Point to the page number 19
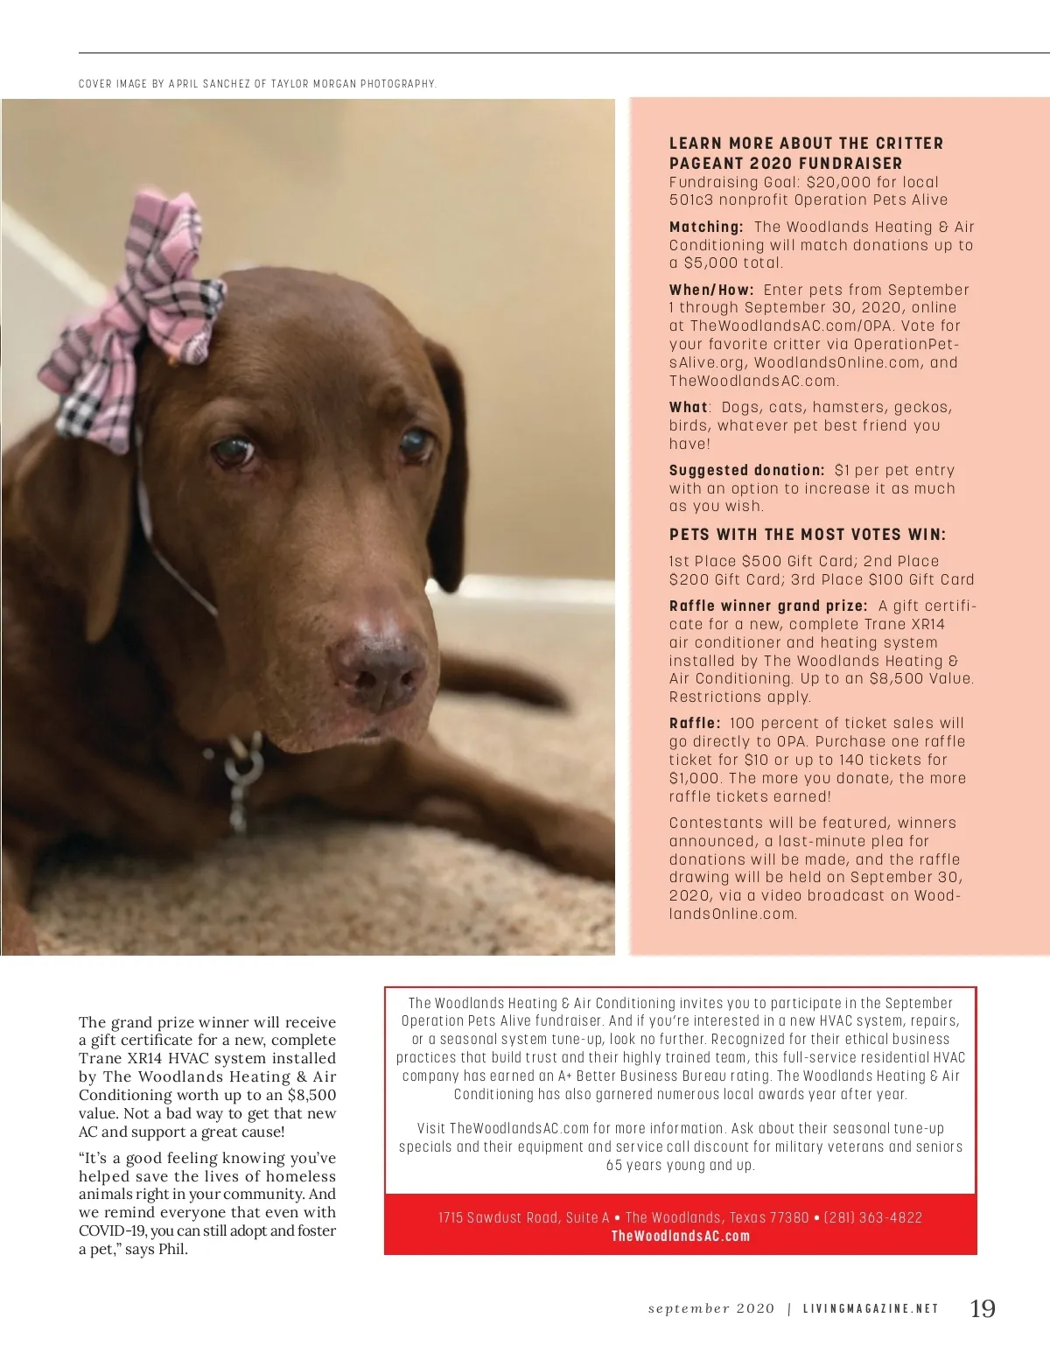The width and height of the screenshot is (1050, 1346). (x=983, y=1308)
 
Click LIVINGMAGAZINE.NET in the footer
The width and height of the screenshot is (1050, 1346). (x=871, y=1309)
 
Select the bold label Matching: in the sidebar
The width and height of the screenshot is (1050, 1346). (x=706, y=227)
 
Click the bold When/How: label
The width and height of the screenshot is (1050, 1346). (x=711, y=290)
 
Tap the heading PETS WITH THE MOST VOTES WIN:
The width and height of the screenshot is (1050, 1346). (x=808, y=535)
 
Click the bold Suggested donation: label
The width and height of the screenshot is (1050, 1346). (x=746, y=470)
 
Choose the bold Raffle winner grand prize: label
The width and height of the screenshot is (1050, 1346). (x=768, y=606)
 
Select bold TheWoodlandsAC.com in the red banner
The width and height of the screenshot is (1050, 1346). (x=681, y=1236)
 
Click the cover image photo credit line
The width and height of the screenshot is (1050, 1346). (x=257, y=84)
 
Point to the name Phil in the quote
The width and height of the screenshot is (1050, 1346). (x=172, y=1249)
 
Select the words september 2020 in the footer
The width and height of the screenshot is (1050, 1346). (x=711, y=1309)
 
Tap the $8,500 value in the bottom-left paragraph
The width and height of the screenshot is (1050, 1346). (x=311, y=1095)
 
